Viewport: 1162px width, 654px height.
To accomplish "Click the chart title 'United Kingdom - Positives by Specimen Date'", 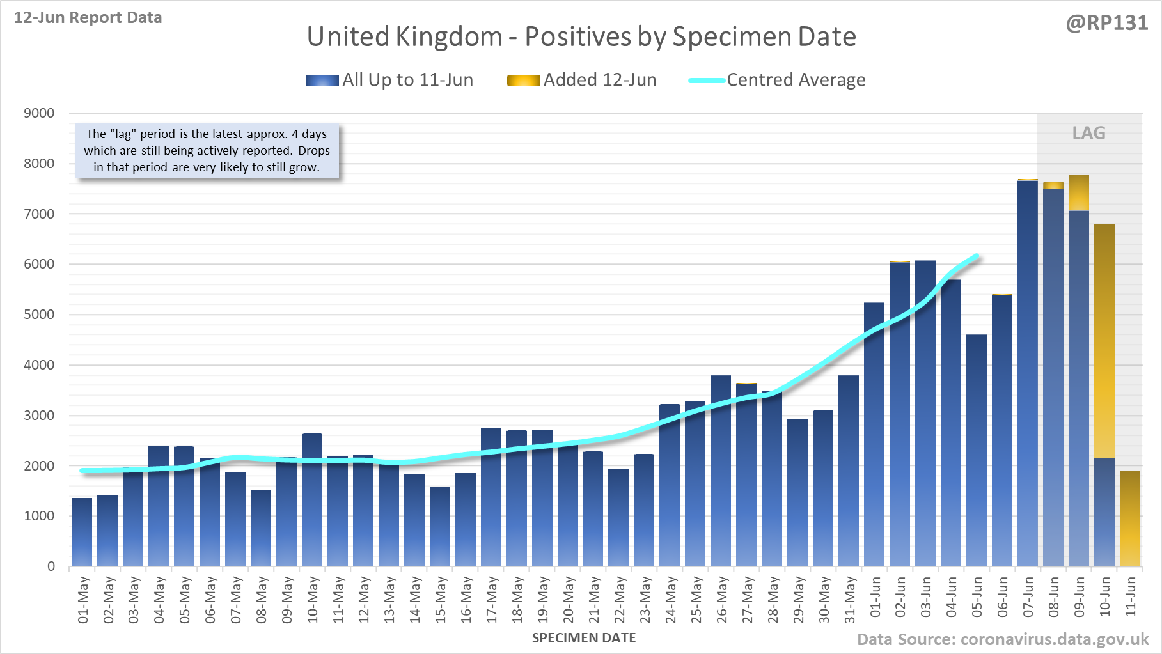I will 581,37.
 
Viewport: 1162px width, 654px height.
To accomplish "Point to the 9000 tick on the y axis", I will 39,113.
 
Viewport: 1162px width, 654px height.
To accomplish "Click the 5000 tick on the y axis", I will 39,315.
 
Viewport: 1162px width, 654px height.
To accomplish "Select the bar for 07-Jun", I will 1028,371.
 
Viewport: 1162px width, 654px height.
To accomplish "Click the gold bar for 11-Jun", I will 1130,518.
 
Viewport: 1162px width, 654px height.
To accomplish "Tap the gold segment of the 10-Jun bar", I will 1104,339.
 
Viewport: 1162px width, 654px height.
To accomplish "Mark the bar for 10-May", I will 312,499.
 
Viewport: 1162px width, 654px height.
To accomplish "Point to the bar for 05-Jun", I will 977,448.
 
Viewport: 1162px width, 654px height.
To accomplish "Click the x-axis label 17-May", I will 492,600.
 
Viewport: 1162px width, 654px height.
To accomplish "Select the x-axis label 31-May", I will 850,600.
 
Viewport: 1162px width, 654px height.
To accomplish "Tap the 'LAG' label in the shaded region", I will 1088,133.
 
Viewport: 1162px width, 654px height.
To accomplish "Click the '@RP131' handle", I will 1107,23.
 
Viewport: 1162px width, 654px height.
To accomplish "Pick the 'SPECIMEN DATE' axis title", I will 584,638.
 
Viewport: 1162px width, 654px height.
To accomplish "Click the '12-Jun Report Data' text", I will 88,18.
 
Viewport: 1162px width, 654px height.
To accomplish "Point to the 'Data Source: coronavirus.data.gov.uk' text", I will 1003,639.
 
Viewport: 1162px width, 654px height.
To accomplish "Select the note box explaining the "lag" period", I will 207,151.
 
